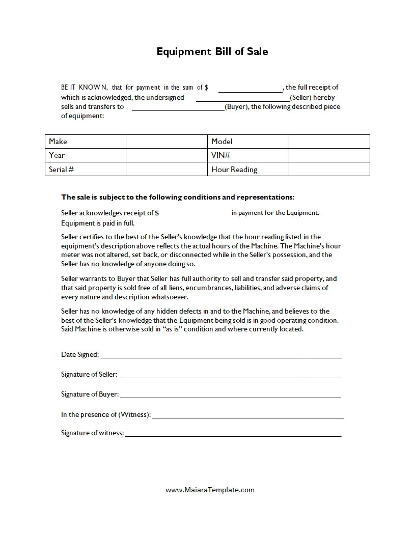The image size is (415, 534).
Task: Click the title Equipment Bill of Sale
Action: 212,51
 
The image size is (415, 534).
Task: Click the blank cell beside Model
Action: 329,142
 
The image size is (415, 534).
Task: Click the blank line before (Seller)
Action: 242,98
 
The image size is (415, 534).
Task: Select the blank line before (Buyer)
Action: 178,107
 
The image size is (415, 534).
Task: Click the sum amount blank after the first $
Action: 250,88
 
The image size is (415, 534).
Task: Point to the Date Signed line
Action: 221,355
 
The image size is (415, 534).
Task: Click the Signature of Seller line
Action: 229,375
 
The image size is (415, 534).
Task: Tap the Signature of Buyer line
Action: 230,395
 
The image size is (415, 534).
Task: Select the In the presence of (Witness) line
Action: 247,415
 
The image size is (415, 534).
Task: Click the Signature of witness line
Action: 233,433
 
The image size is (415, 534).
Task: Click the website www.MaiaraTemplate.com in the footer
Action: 210,490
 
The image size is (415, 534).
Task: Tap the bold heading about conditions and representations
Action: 178,197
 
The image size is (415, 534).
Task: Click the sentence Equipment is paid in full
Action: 98,223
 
